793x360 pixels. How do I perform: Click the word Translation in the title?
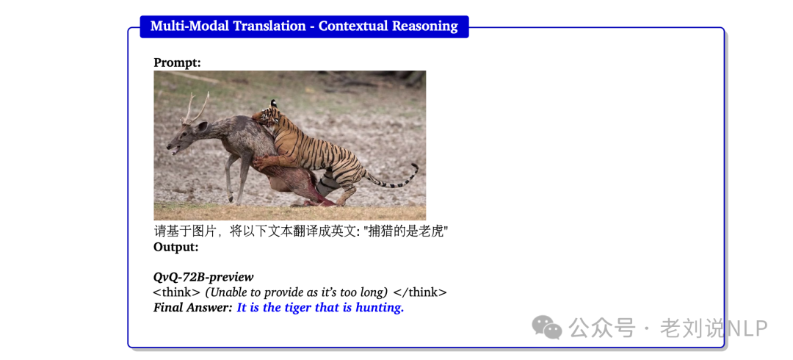pos(269,26)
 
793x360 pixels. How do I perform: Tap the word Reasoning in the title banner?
pos(424,26)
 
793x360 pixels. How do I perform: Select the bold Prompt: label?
pos(177,62)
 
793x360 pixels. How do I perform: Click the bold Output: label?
pos(176,247)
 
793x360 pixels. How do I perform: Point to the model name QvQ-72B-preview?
pos(203,277)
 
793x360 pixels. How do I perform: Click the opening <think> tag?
pos(176,292)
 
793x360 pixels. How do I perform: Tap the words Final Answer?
pos(192,308)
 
